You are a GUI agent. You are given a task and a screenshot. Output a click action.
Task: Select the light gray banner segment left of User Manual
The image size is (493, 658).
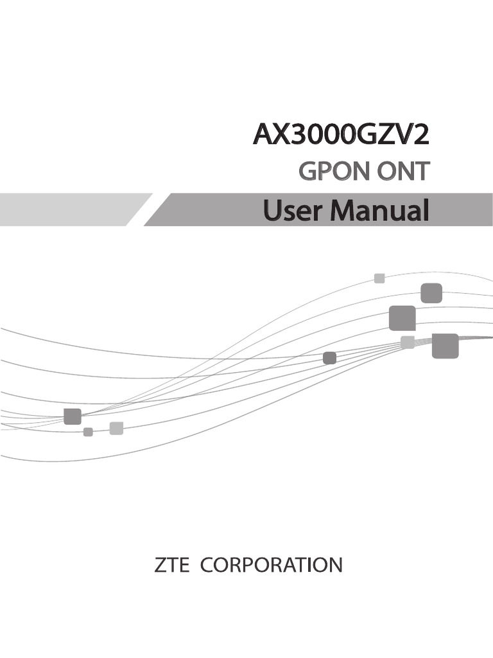click(71, 209)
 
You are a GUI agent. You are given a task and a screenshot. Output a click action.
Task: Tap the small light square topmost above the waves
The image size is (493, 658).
click(379, 278)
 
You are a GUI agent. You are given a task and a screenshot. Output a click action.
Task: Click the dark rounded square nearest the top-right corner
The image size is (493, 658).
click(431, 292)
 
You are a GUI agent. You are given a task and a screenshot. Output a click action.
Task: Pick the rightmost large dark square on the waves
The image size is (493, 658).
click(445, 346)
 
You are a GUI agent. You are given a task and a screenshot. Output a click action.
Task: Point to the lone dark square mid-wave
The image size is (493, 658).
click(329, 358)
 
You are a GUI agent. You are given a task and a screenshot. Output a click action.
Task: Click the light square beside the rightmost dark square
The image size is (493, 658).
click(407, 342)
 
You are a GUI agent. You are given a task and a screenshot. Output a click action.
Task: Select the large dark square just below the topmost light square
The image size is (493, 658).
click(402, 318)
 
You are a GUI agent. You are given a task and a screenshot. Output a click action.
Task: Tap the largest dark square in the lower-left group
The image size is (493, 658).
click(73, 416)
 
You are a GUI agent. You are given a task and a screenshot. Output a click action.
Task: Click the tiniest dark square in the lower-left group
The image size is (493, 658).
click(88, 432)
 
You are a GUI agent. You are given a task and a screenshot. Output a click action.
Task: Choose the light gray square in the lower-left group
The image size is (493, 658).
click(116, 428)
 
